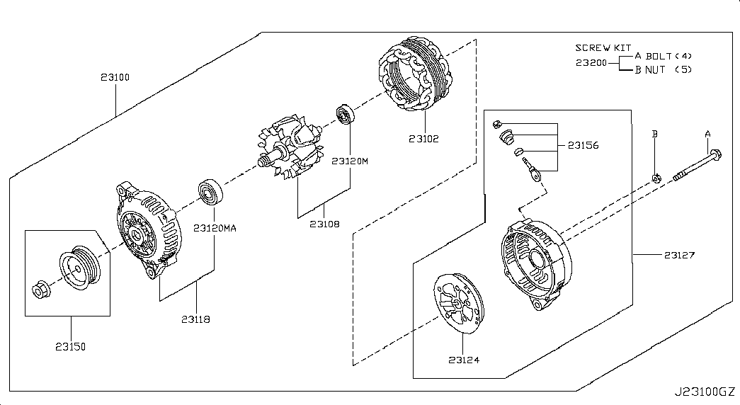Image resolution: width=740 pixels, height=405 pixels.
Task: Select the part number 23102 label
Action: pyautogui.click(x=423, y=139)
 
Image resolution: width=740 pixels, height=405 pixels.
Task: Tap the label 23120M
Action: pyautogui.click(x=350, y=161)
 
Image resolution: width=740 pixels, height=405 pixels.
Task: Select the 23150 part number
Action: pyautogui.click(x=71, y=347)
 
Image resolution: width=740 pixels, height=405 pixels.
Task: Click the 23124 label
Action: pyautogui.click(x=463, y=360)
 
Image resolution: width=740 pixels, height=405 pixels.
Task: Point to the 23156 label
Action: pyautogui.click(x=583, y=146)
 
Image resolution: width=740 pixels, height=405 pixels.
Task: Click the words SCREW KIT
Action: pyautogui.click(x=603, y=47)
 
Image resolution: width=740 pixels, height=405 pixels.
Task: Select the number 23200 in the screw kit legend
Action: pyautogui.click(x=591, y=62)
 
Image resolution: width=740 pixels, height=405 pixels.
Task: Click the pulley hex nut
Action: pyautogui.click(x=41, y=289)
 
